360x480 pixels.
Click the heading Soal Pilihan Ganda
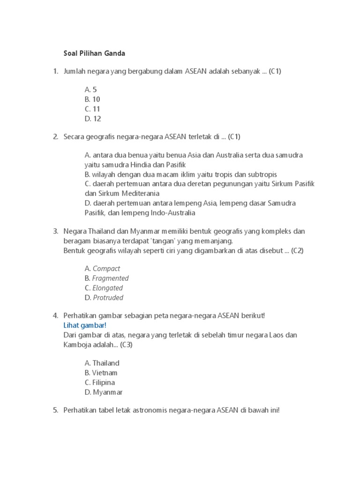click(x=94, y=53)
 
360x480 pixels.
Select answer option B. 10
click(x=92, y=99)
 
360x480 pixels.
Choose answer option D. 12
click(x=93, y=119)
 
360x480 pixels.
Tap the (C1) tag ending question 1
click(x=275, y=72)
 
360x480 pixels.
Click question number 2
click(x=55, y=137)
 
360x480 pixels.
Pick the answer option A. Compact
click(x=102, y=269)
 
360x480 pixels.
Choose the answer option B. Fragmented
click(x=106, y=278)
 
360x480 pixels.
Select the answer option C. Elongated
click(x=104, y=288)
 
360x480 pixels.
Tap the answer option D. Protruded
click(x=104, y=298)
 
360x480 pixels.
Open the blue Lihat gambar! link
click(x=85, y=325)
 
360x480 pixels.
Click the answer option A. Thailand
click(x=102, y=363)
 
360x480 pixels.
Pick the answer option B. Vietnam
click(x=101, y=373)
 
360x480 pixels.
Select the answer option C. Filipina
click(x=100, y=383)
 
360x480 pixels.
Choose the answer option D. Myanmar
click(x=104, y=393)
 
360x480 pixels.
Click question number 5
click(x=55, y=411)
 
